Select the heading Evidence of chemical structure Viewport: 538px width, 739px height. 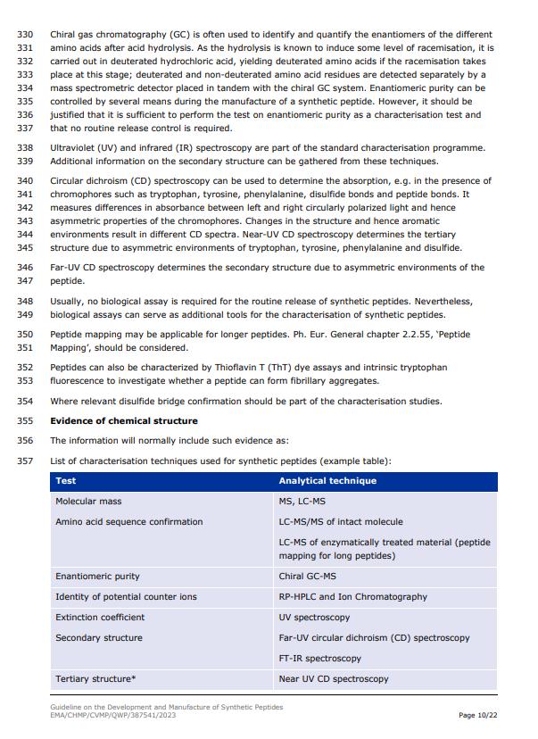tap(124, 420)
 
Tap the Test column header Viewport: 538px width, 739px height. tap(66, 480)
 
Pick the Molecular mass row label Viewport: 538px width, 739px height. tap(88, 502)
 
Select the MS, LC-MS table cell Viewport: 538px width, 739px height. tap(302, 502)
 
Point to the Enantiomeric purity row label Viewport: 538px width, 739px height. tap(97, 577)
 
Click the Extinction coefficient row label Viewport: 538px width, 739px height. tap(100, 617)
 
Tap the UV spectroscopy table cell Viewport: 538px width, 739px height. tap(314, 617)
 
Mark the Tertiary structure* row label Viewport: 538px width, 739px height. tap(95, 678)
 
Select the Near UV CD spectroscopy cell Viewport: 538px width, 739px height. tap(334, 678)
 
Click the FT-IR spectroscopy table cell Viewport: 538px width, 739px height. tap(320, 658)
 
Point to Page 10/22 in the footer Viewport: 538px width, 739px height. tap(479, 715)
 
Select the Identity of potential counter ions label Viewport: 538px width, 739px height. tap(126, 596)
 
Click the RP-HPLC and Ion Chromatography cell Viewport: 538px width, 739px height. tap(353, 596)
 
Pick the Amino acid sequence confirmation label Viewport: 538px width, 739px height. tap(129, 521)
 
